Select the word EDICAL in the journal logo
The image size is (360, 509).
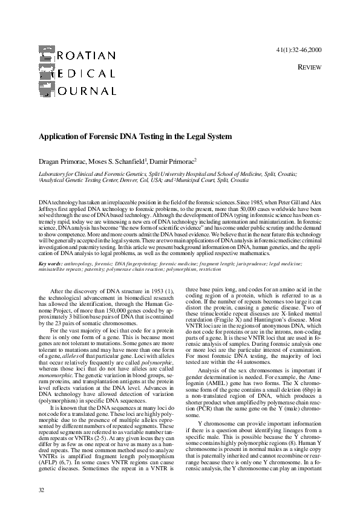click(87, 74)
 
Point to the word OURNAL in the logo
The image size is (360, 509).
click(87, 92)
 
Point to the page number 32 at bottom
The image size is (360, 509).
click(41, 486)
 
